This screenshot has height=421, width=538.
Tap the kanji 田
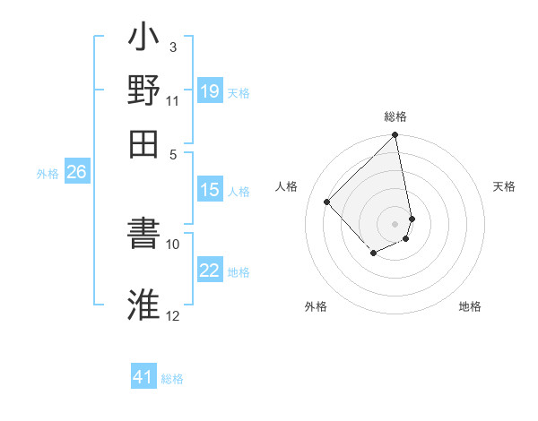144,142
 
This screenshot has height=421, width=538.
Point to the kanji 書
144,236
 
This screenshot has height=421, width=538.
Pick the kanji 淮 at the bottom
144,304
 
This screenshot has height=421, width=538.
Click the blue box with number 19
209,91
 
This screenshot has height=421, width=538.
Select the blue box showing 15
209,190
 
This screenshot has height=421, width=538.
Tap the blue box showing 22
209,271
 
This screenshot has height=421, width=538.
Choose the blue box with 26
76,172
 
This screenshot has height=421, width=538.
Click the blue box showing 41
143,377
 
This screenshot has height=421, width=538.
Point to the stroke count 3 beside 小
172,47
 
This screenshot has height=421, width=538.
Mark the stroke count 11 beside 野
173,99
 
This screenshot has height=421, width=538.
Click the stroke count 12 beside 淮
173,315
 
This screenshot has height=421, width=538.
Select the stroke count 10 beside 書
173,244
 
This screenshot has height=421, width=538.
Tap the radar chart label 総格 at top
395,116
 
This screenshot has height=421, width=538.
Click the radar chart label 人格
287,186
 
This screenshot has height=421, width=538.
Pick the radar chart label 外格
316,306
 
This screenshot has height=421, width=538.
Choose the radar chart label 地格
470,306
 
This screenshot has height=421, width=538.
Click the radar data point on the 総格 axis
395,136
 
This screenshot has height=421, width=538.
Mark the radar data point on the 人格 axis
327,202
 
